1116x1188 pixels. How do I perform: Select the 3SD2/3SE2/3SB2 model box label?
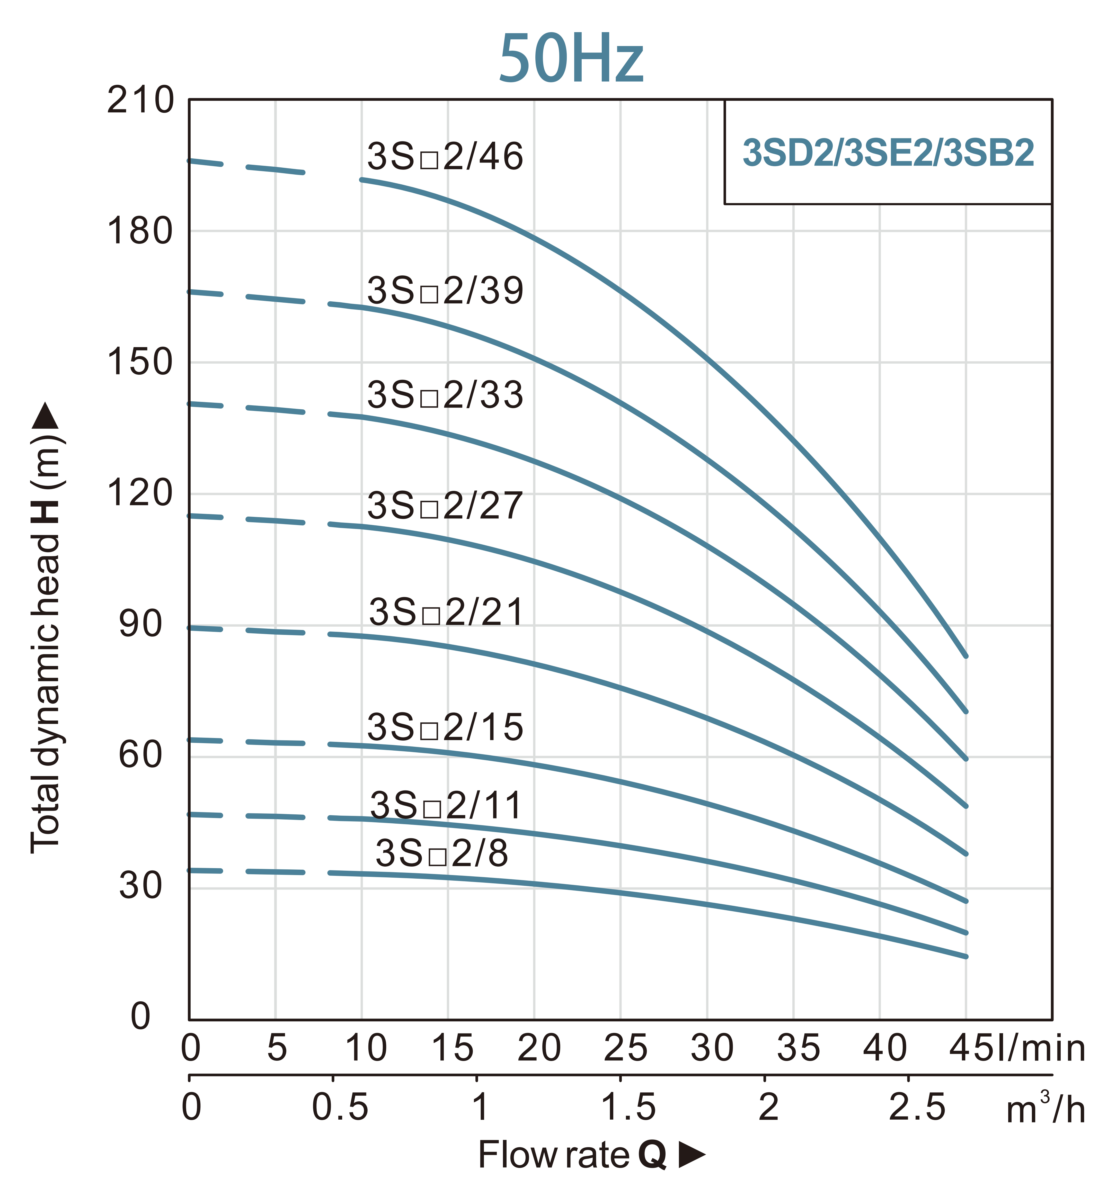point(888,153)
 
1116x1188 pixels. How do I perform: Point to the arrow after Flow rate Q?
point(692,1155)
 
